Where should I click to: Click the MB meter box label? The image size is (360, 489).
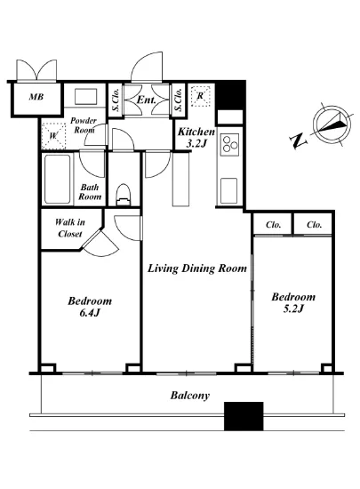(36, 97)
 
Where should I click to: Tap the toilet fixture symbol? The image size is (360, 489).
(124, 195)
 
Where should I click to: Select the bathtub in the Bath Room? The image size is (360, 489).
(58, 180)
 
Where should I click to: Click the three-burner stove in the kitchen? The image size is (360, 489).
(229, 145)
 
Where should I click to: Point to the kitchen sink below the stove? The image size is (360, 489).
(228, 191)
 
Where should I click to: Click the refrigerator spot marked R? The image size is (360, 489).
(200, 96)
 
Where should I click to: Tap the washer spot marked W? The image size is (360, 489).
(53, 136)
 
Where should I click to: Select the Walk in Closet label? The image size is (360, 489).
(70, 228)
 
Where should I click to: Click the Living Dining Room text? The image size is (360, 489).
(197, 269)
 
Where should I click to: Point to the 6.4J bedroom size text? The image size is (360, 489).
(90, 313)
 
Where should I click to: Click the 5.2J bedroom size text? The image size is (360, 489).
(293, 309)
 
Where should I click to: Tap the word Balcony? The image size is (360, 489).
(190, 396)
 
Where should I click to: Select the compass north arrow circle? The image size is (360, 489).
(332, 124)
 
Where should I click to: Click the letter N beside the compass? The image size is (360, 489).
(299, 140)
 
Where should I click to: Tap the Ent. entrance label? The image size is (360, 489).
(146, 100)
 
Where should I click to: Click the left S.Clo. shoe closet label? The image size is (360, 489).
(116, 100)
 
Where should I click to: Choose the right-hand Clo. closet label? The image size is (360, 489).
(314, 225)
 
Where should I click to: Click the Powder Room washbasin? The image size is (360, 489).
(85, 96)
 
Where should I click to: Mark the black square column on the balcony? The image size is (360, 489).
(244, 416)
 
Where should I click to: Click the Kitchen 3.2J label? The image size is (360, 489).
(196, 137)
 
